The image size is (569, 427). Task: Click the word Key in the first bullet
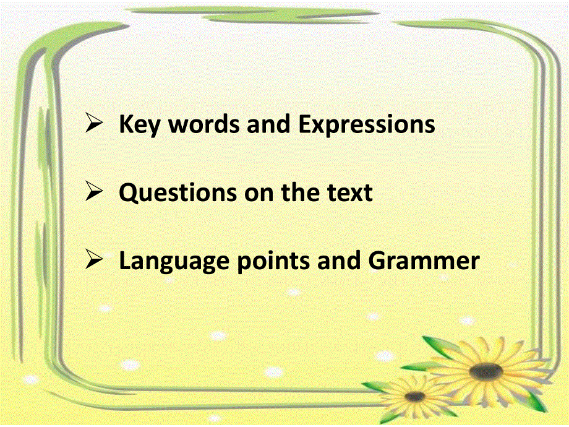[140, 125]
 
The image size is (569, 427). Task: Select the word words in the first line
[205, 125]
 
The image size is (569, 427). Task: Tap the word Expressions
[367, 125]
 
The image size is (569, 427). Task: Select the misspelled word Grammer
[424, 261]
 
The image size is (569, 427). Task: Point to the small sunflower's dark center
[415, 396]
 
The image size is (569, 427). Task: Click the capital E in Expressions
[306, 125]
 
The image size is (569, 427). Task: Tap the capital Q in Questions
[128, 193]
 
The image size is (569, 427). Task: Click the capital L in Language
[124, 261]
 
